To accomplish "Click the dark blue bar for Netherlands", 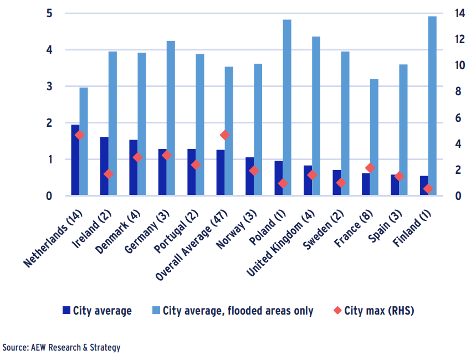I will [75, 161].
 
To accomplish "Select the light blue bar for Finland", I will [432, 105].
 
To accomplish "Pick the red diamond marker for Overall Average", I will [224, 135].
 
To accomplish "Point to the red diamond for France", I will [370, 168].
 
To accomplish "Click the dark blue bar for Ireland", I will [104, 166].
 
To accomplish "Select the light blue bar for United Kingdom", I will [316, 116].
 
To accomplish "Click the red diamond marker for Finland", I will [428, 189].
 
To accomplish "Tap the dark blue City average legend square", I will [66, 311].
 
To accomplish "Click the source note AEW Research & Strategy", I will [61, 348].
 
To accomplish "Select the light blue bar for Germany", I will [171, 119].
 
